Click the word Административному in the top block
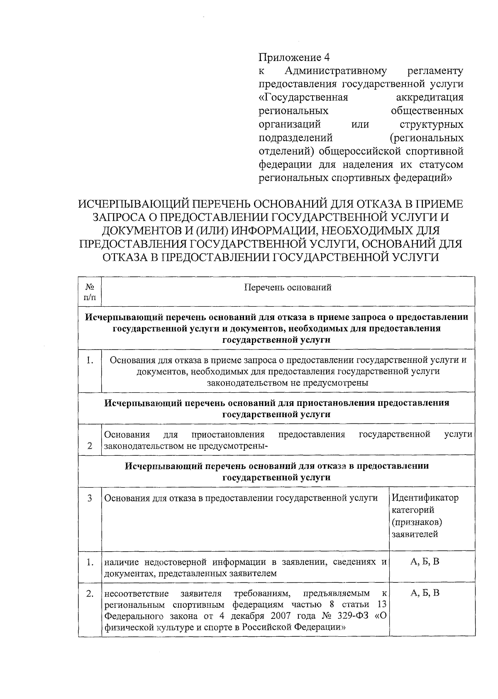336,71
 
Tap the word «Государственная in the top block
303,98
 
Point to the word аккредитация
430,98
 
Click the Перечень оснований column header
287,287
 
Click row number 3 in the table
90,498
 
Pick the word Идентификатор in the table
425,498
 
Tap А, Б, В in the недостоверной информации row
425,562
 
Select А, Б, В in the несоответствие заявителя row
425,593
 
